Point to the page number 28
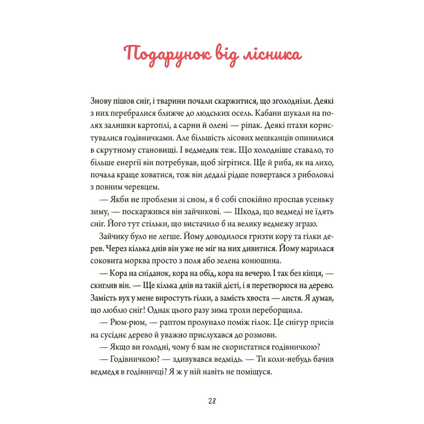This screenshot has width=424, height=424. [212, 401]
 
